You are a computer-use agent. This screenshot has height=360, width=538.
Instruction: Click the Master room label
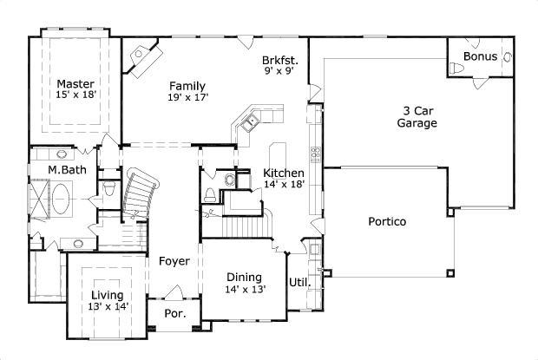coord(75,83)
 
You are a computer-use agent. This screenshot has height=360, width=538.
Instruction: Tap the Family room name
coord(187,86)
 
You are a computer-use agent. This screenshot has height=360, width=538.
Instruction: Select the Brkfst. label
coord(280,61)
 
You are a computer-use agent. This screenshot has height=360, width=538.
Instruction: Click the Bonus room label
coord(480,56)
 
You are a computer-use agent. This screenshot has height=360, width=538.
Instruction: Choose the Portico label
coord(386,221)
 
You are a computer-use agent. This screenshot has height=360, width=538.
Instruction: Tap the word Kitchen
coord(284,173)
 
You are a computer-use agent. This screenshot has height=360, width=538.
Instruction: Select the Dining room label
coord(245,277)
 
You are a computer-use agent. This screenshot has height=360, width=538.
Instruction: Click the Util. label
coord(299,282)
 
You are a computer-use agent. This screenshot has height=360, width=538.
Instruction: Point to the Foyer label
coord(174,260)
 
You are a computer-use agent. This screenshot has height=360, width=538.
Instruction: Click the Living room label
coord(107,295)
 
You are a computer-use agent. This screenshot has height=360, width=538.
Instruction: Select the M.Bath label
coord(67,170)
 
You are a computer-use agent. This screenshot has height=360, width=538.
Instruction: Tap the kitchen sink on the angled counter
coord(247,123)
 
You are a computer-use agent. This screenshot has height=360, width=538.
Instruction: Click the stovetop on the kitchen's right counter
coord(316,156)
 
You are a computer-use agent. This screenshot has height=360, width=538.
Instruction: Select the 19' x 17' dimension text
coord(187,98)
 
